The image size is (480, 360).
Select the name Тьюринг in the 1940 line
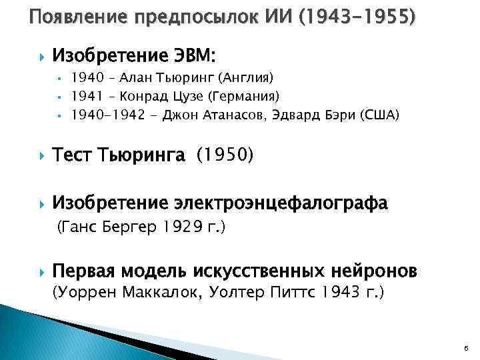[x=169, y=77]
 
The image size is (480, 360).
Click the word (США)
[x=379, y=115]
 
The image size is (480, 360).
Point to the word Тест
[x=73, y=155]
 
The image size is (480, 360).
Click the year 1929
[x=183, y=227]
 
